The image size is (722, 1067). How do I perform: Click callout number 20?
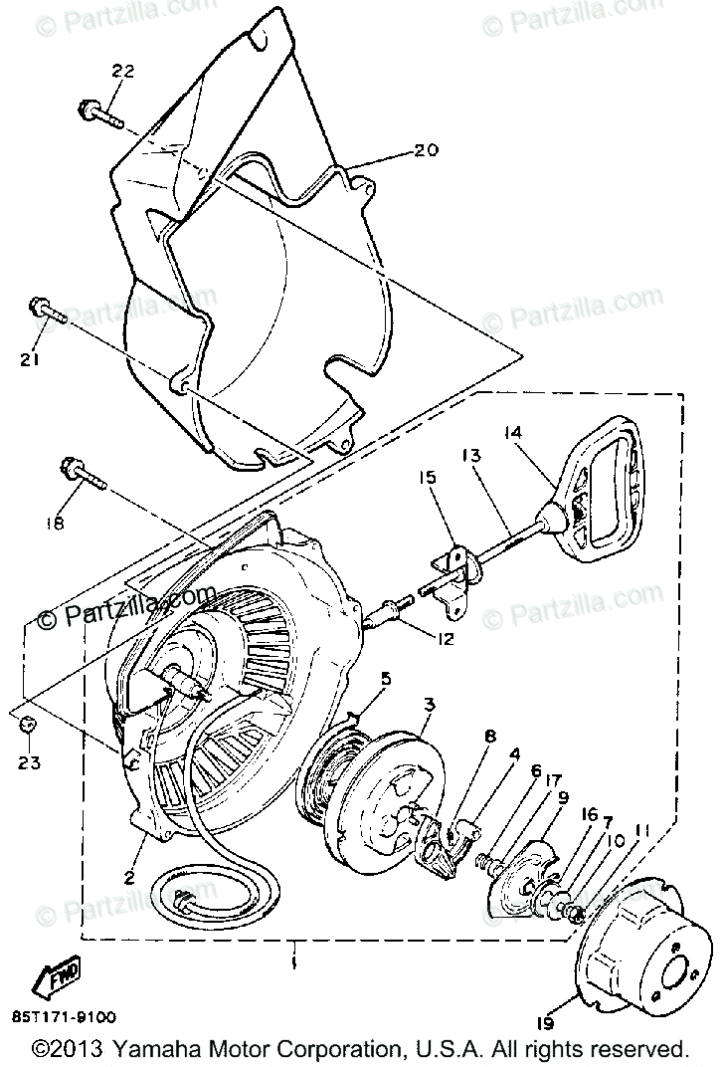[x=425, y=152]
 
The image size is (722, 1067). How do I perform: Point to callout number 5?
[x=385, y=679]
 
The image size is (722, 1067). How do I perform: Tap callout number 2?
[x=128, y=877]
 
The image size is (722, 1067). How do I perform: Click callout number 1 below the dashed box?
[x=293, y=964]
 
